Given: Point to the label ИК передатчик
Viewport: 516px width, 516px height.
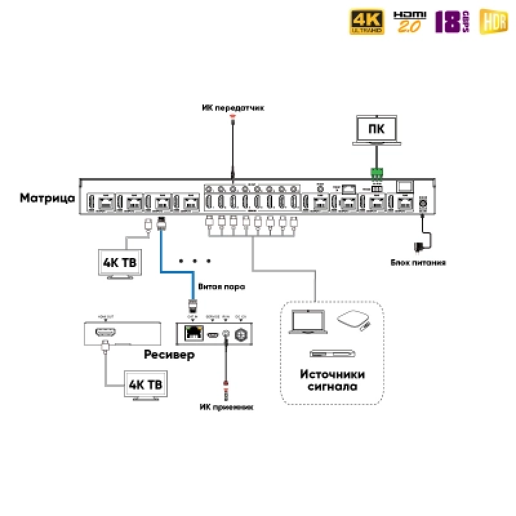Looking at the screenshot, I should pyautogui.click(x=233, y=107).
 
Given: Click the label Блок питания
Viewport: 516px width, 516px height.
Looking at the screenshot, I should pyautogui.click(x=417, y=263).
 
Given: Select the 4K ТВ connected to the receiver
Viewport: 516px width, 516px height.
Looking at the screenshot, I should pyautogui.click(x=146, y=386).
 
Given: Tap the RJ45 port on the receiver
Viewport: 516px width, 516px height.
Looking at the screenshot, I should pyautogui.click(x=193, y=333).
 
